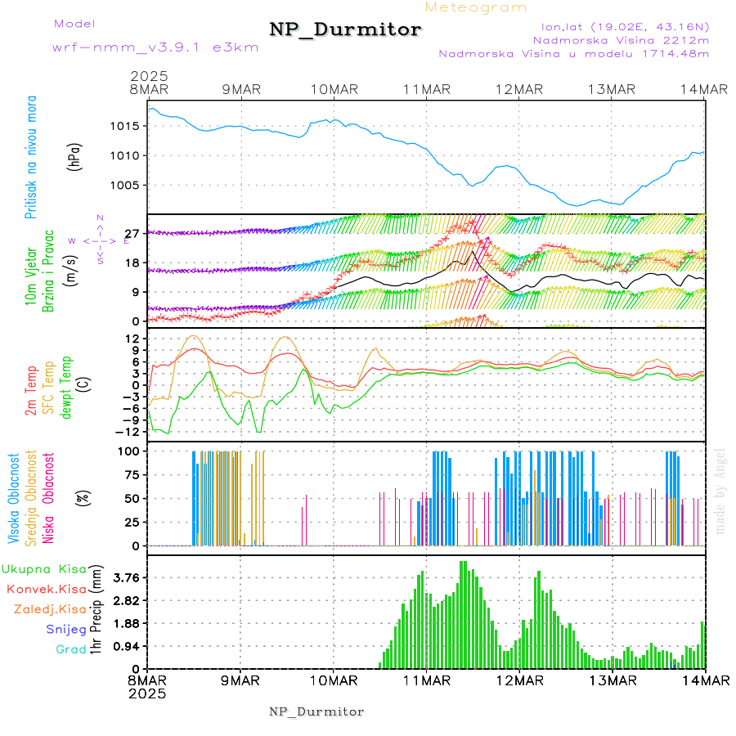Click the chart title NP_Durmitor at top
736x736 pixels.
[x=345, y=30]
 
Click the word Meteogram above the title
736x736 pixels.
[x=477, y=7]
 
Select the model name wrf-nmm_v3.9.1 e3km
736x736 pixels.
[x=142, y=47]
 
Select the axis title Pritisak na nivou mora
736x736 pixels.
[x=30, y=156]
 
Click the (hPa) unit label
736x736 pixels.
[x=74, y=156]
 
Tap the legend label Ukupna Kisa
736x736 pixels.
[x=44, y=568]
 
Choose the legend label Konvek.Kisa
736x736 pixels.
[x=46, y=589]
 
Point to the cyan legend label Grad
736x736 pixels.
[x=71, y=649]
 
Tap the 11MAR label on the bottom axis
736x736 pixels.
[x=425, y=680]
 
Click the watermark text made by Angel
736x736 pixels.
[x=720, y=491]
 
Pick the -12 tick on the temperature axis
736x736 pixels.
[x=128, y=431]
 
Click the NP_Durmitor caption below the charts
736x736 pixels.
[x=316, y=711]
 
